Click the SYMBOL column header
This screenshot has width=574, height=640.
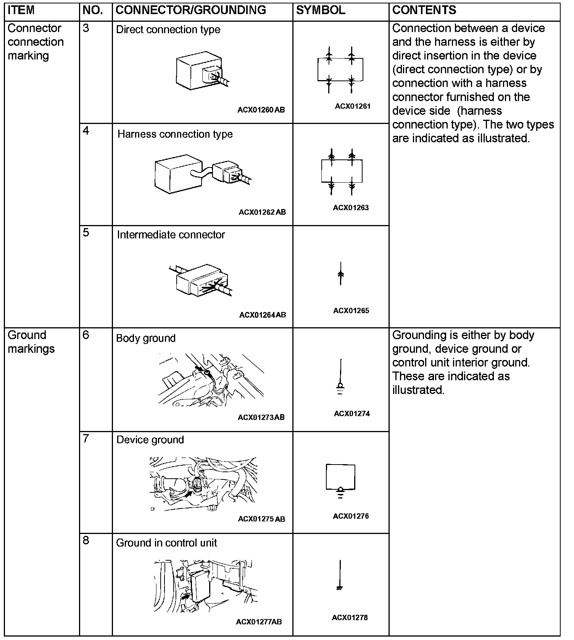click(x=321, y=10)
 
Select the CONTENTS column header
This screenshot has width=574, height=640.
click(x=424, y=10)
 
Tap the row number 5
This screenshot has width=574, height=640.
click(x=86, y=232)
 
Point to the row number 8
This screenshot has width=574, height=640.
click(x=86, y=540)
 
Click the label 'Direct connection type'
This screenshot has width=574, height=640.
click(x=168, y=30)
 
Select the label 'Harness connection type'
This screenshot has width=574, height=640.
click(x=175, y=134)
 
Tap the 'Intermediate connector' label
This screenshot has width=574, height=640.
click(x=171, y=235)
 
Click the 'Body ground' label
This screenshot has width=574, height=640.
click(x=146, y=338)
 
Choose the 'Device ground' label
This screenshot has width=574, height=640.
click(x=150, y=440)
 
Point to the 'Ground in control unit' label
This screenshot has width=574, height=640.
click(x=166, y=543)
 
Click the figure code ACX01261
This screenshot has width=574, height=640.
click(x=353, y=106)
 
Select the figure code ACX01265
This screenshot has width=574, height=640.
click(x=351, y=310)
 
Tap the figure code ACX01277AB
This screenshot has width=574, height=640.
click(x=259, y=622)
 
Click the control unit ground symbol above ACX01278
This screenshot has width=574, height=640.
click(x=340, y=576)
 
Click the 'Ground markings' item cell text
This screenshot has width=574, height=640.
click(x=31, y=342)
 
